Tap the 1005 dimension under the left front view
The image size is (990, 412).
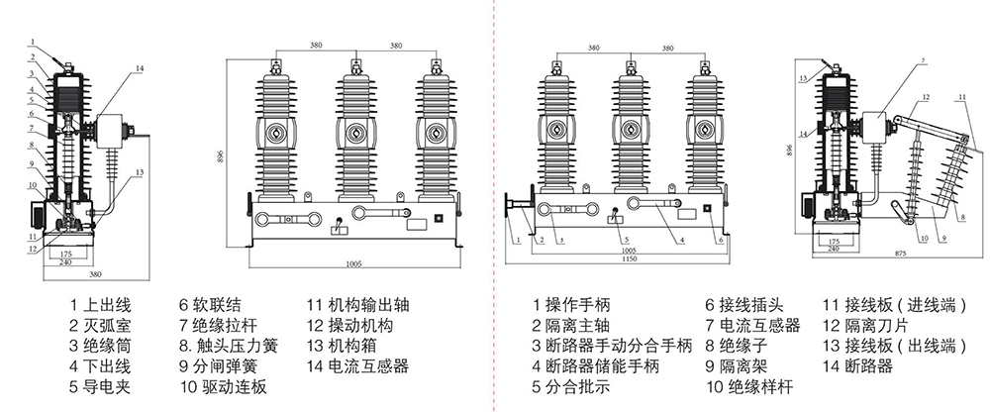click(x=353, y=264)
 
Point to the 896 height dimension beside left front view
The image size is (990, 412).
click(x=219, y=156)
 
